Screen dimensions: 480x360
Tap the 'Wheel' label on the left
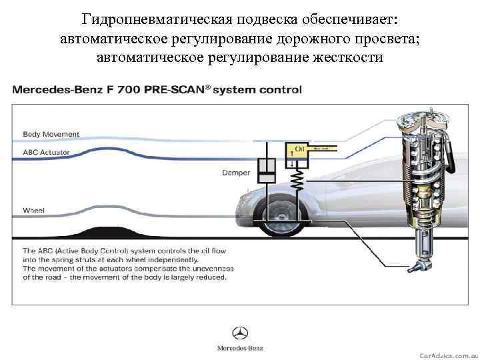[33, 210]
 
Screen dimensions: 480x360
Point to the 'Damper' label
[236, 173]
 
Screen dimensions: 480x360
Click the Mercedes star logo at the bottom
[240, 333]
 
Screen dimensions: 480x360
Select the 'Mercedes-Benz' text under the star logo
[240, 348]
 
